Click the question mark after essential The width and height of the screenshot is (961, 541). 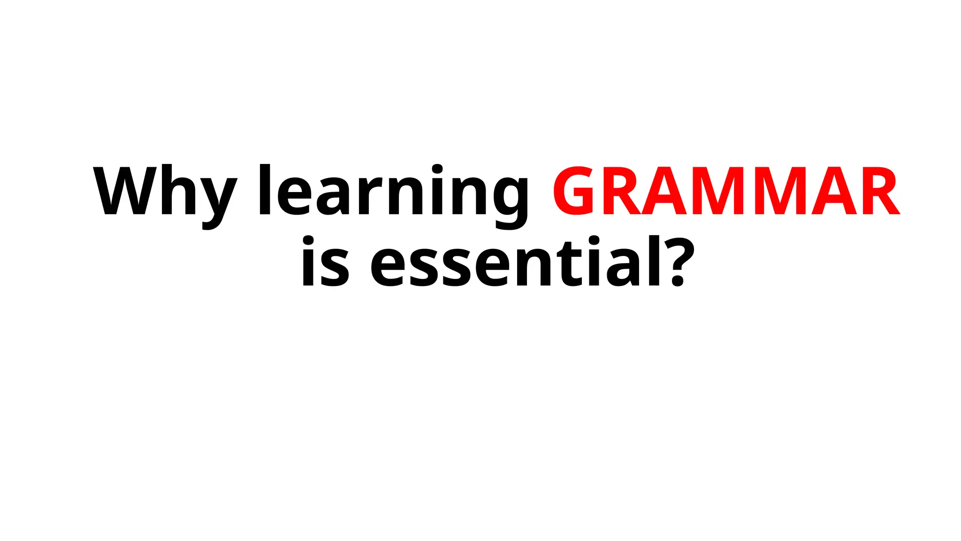(679, 261)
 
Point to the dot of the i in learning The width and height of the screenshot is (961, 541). (437, 169)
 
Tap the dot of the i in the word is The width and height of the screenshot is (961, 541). (307, 240)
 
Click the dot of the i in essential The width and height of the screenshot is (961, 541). (594, 240)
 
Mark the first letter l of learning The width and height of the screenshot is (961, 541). (265, 190)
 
